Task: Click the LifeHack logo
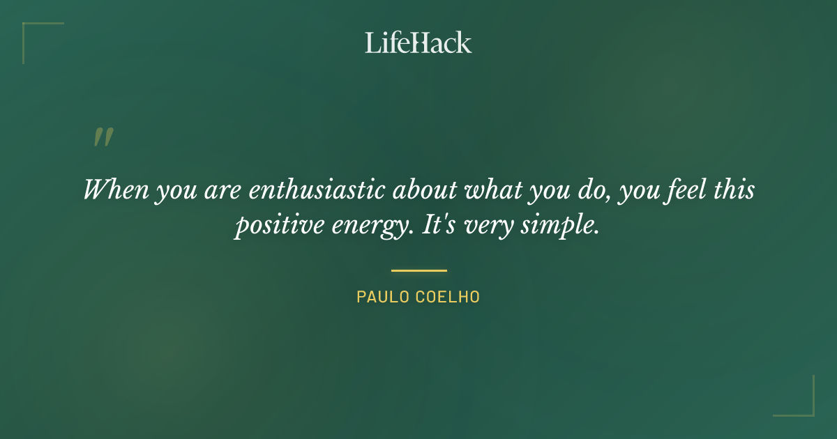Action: [418, 43]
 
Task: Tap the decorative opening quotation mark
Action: [103, 137]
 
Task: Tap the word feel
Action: [677, 190]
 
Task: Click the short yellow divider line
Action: [418, 270]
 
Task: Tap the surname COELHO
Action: [448, 297]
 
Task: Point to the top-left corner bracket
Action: [28, 28]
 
